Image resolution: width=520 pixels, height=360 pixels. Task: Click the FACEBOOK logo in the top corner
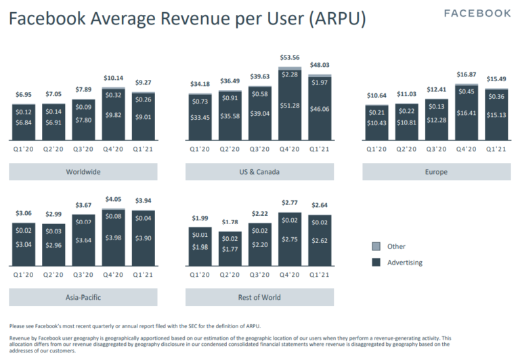pyautogui.click(x=477, y=14)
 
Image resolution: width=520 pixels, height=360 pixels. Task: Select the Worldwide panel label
pyautogui.click(x=83, y=172)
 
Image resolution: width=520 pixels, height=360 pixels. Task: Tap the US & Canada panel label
pyautogui.click(x=260, y=172)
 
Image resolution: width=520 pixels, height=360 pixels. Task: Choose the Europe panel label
pyautogui.click(x=437, y=172)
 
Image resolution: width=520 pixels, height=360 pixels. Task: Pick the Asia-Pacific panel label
pyautogui.click(x=83, y=297)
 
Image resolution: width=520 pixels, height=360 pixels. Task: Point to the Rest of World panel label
pyautogui.click(x=260, y=297)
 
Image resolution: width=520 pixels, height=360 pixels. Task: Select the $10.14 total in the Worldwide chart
pyautogui.click(x=113, y=78)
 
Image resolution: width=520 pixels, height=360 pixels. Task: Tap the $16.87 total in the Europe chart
pyautogui.click(x=467, y=76)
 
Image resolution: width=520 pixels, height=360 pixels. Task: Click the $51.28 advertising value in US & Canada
pyautogui.click(x=290, y=106)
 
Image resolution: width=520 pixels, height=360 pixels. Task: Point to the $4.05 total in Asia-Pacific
pyautogui.click(x=113, y=200)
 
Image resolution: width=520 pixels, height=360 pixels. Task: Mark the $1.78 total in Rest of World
pyautogui.click(x=230, y=222)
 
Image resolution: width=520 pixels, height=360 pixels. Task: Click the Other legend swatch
pyautogui.click(x=376, y=246)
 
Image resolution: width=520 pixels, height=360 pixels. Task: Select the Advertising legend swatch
pyautogui.click(x=376, y=263)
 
